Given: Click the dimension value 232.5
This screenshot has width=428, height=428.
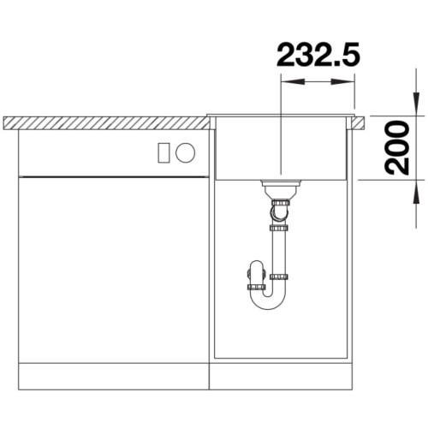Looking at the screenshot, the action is [318, 56].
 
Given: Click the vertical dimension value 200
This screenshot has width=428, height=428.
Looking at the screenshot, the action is [396, 147].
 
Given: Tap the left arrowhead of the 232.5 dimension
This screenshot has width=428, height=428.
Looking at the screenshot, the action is [293, 82].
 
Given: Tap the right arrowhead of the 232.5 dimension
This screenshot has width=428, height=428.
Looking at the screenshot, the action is [342, 82].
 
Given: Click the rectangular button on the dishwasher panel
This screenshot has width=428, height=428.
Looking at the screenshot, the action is [164, 153].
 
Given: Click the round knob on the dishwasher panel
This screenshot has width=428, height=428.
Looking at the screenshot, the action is [186, 152].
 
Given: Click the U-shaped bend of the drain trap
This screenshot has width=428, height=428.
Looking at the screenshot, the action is [268, 303].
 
